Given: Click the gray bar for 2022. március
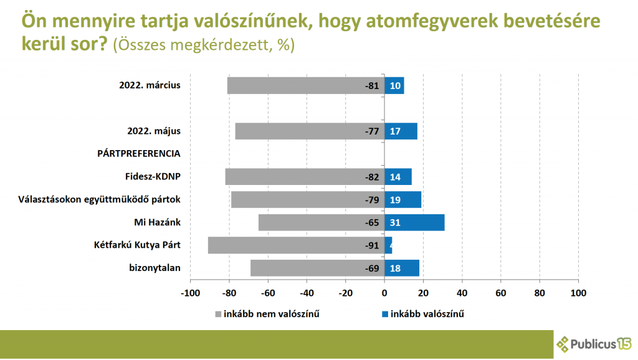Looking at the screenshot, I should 305,85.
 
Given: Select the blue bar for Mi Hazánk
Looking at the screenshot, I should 414,222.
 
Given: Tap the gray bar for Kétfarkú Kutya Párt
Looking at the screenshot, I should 296,245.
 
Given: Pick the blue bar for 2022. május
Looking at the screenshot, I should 401,131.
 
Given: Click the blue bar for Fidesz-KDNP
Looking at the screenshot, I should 398,177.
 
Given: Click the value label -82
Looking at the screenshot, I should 372,177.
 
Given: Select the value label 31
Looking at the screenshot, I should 395,222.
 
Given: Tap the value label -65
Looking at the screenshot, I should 372,222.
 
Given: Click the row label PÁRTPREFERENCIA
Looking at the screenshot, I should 138,153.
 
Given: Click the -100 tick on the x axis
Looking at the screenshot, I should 189,292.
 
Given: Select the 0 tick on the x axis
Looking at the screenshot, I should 384,292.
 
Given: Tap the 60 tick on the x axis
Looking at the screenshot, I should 501,292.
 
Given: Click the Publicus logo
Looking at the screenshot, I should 594,343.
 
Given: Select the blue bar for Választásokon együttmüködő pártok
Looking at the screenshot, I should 402,199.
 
